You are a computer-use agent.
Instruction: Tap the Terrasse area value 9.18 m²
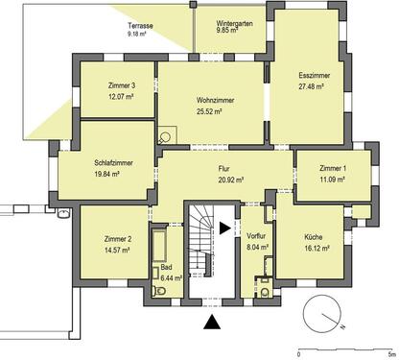pos(141,34)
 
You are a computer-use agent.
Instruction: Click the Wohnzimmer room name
pos(217,100)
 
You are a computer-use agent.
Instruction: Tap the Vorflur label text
pos(255,235)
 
